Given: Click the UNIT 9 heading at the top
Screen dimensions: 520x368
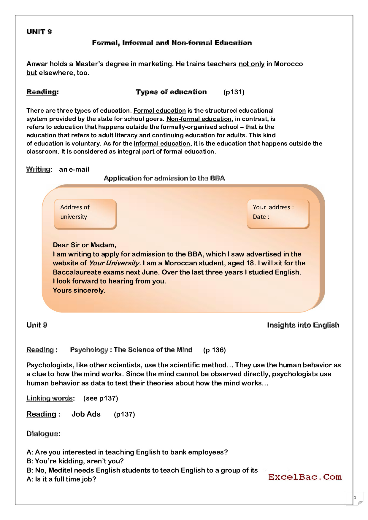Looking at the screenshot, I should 39,32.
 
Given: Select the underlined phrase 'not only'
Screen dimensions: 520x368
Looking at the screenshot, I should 251,64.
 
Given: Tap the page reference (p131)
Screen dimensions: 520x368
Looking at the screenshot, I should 234,92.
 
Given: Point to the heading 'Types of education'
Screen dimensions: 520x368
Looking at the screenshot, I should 171,92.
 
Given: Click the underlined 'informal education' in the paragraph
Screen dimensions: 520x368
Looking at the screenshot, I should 162,143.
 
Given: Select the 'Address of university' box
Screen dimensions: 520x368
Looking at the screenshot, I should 85,214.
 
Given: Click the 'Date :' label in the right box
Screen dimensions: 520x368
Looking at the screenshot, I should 261,217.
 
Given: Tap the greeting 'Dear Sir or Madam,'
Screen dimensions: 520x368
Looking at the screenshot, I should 85,245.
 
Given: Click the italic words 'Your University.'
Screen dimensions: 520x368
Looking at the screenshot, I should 115,263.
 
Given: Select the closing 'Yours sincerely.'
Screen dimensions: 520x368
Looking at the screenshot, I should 79,290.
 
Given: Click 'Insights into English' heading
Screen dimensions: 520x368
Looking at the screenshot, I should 303,325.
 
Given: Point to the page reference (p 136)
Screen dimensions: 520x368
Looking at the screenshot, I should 214,350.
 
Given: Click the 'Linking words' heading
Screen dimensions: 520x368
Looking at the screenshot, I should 50,398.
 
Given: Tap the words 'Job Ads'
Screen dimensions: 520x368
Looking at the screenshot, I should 86,414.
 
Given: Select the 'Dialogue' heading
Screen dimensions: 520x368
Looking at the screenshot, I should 43,434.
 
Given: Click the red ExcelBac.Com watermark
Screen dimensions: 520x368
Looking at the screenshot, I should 305,477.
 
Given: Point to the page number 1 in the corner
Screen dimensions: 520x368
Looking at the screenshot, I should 355,497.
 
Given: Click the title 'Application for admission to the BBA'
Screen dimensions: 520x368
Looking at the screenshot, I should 164,178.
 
